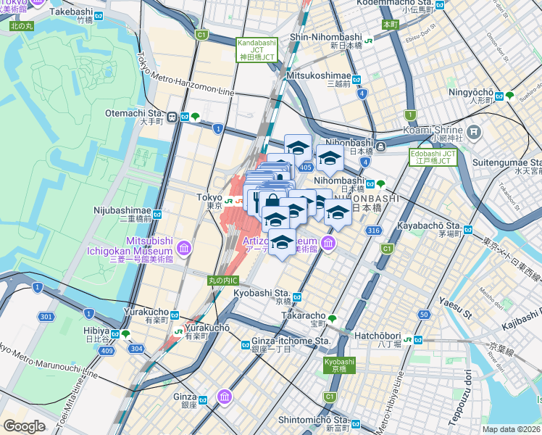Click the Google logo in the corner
pos(25,426)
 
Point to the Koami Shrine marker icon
pos(475,132)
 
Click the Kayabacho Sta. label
pos(429,225)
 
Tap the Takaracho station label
pos(303,316)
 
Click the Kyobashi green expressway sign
pos(339,365)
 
